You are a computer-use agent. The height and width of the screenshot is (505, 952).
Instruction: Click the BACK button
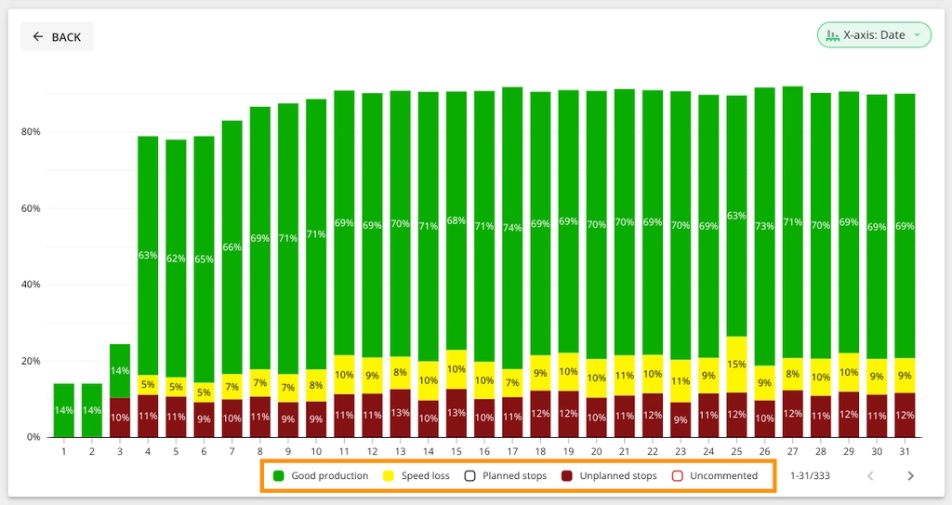57,36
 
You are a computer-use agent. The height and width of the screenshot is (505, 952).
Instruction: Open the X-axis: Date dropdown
874,35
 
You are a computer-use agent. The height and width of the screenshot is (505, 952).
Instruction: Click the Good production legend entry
321,476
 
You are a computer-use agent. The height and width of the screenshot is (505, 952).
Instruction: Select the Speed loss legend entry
416,476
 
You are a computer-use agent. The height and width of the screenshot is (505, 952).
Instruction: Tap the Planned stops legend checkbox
469,476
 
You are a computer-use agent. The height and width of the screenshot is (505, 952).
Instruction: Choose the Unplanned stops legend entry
610,476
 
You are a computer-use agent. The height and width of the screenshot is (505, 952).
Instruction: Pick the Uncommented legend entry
715,476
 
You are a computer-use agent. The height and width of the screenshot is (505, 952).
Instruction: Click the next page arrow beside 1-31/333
910,476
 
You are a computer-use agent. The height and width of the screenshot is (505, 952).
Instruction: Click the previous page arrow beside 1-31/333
870,476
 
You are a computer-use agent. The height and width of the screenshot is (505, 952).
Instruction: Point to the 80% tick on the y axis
32,132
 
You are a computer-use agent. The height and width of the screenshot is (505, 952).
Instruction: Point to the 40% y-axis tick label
32,285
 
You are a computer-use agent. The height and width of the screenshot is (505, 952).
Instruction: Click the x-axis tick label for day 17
512,451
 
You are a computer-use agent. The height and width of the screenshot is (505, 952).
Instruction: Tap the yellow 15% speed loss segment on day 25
736,364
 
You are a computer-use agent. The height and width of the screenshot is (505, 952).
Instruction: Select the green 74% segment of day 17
512,228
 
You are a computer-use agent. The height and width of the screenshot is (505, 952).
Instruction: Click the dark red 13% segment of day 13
400,413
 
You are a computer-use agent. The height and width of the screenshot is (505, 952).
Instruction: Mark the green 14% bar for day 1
64,410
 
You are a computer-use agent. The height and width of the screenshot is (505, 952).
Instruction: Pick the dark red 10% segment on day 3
120,418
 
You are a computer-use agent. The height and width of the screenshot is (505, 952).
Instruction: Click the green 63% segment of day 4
148,255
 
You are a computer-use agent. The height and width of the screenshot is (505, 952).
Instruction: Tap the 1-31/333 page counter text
810,476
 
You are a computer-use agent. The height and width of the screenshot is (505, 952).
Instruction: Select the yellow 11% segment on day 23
680,381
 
